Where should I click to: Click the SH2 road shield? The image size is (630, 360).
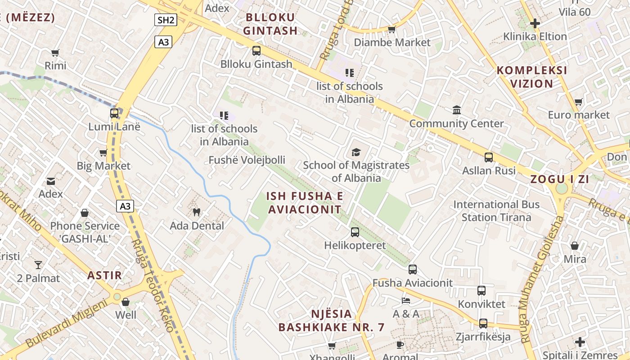click(166, 20)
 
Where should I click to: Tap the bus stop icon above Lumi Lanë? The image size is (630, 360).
click(114, 113)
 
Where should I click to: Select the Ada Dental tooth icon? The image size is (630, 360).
click(196, 211)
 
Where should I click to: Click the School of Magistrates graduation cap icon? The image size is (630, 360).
click(356, 152)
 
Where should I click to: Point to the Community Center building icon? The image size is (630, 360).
click(457, 110)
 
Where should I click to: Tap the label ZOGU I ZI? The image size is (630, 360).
click(560, 179)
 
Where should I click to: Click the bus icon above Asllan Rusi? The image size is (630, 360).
click(489, 157)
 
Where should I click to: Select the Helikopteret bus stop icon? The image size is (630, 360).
click(355, 232)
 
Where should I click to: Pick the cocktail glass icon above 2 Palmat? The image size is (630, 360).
click(38, 265)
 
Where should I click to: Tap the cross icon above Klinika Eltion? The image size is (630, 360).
click(535, 23)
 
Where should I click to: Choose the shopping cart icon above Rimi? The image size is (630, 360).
click(55, 53)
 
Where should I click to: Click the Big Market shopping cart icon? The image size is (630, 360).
click(103, 153)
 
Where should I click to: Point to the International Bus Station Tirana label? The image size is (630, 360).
click(496, 211)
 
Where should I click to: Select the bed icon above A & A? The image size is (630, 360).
click(406, 300)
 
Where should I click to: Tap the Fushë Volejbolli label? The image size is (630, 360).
click(247, 160)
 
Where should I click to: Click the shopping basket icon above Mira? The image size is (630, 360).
click(575, 246)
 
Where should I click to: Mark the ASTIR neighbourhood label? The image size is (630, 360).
click(105, 275)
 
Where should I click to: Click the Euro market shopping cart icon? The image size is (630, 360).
click(578, 102)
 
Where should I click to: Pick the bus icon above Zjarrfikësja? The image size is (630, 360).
click(483, 323)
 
